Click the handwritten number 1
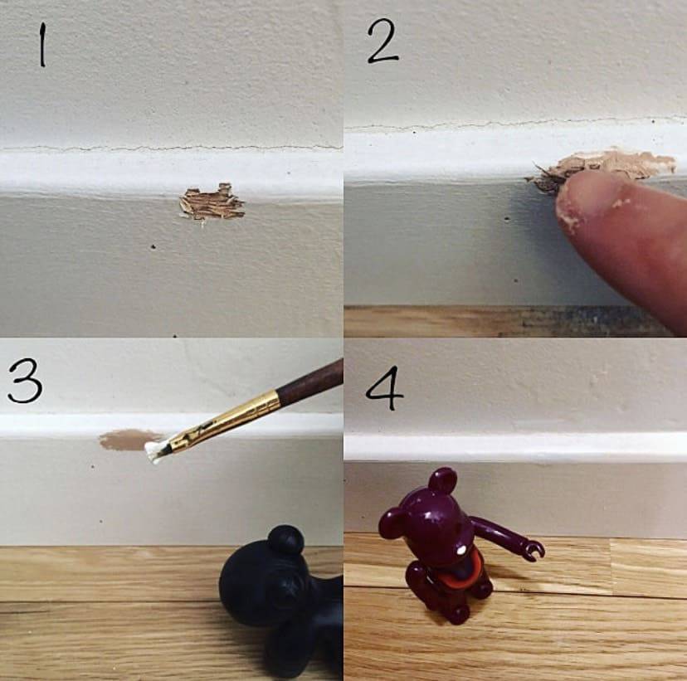point(42,45)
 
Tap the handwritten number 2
point(382,41)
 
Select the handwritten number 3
point(25,382)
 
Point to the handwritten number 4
point(385,388)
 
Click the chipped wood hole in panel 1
point(212,202)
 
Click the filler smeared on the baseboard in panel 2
point(605,168)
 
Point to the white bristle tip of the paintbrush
point(153,451)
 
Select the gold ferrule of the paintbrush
point(223,421)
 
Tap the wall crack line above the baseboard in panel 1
point(171,148)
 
